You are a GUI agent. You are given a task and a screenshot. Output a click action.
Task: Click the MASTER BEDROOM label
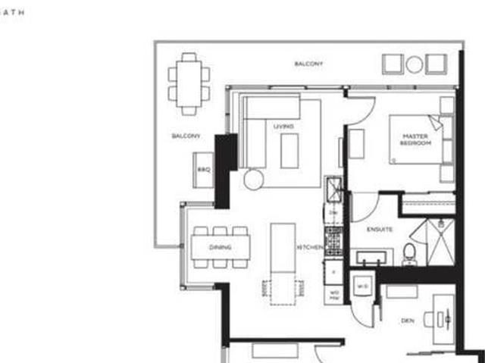click(x=415, y=139)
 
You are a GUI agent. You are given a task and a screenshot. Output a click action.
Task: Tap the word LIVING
click(x=283, y=127)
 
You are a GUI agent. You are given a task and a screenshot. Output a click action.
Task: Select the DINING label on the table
click(x=220, y=247)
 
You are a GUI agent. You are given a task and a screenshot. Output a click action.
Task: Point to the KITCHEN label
click(x=311, y=247)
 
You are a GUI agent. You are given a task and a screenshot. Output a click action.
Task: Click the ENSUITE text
click(x=379, y=228)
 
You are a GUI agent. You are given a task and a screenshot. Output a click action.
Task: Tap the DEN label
click(x=407, y=321)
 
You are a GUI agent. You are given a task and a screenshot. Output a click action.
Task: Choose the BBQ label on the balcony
click(x=203, y=169)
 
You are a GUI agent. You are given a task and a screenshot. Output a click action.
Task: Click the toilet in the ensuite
click(x=409, y=253)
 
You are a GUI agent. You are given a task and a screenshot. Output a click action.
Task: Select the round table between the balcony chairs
click(x=414, y=64)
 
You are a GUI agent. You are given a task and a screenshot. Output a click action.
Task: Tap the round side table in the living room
click(x=253, y=179)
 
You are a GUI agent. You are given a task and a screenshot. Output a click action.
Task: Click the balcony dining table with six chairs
click(x=189, y=83)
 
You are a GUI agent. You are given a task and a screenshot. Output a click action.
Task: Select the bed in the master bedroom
click(x=417, y=139)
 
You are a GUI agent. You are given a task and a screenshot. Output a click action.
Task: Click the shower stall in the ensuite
click(x=440, y=241)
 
